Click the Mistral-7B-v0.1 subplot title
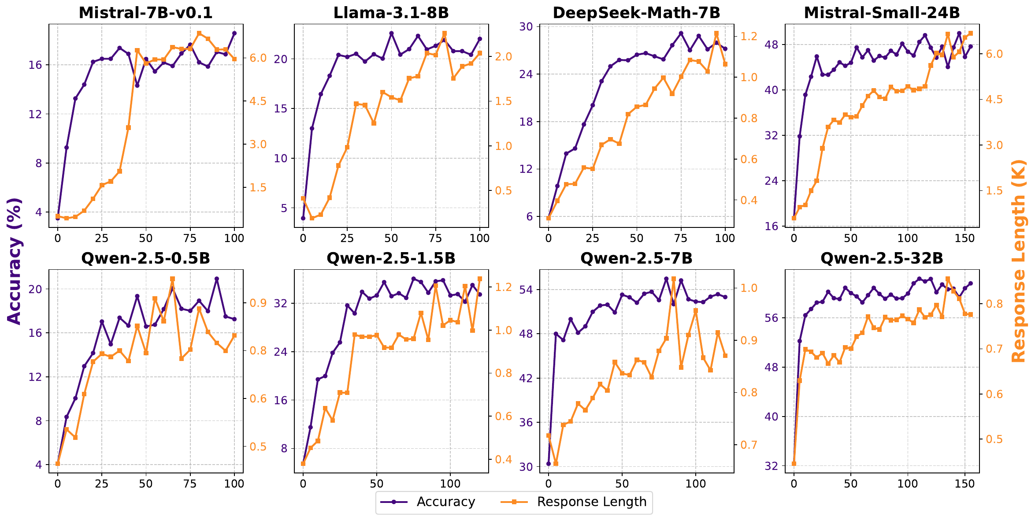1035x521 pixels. (145, 13)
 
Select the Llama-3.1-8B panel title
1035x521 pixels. (391, 13)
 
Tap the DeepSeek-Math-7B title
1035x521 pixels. (636, 13)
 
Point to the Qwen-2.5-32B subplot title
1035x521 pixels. (882, 258)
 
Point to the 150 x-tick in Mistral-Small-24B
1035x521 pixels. (965, 238)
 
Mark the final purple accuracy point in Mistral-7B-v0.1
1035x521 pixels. (234, 33)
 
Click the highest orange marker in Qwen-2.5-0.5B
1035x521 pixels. (172, 279)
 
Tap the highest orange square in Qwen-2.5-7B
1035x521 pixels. (674, 279)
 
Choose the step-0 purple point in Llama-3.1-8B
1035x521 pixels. (303, 218)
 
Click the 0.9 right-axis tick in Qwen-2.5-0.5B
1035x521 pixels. (258, 303)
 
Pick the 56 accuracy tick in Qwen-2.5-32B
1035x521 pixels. (772, 318)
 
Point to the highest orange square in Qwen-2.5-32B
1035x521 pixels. (948, 279)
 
